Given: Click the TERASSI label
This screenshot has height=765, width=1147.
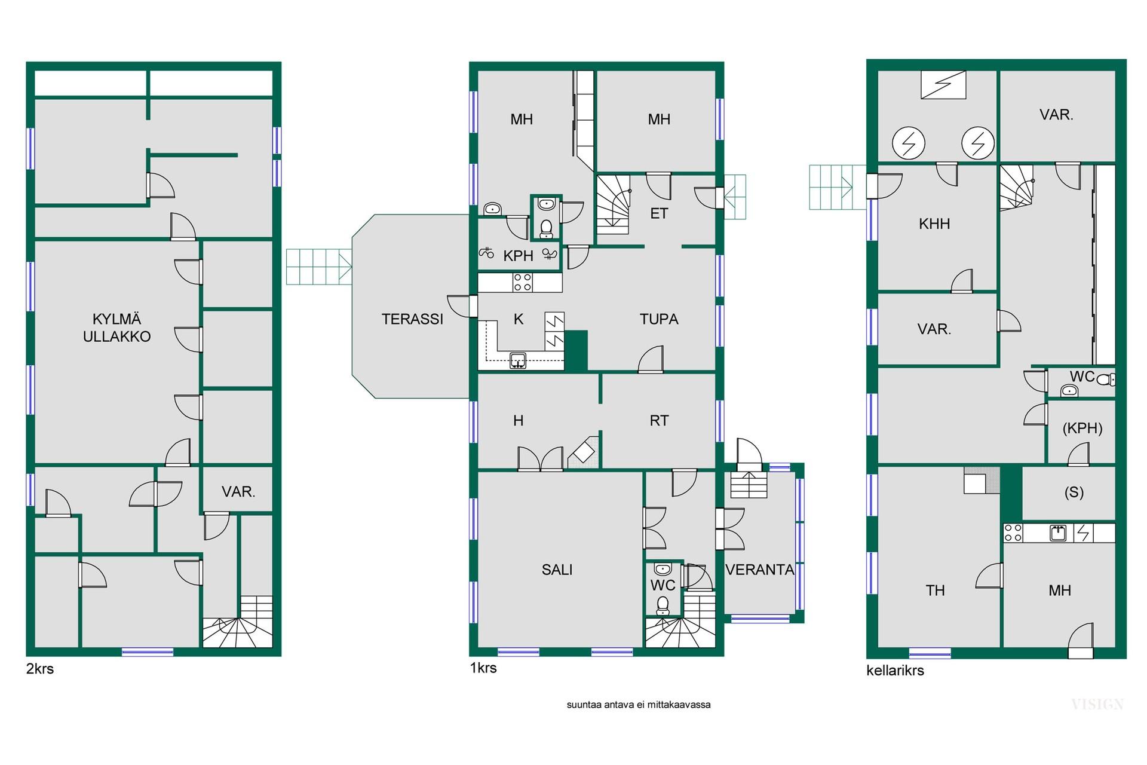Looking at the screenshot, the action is [412, 319].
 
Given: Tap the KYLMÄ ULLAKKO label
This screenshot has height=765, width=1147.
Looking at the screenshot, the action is [116, 328].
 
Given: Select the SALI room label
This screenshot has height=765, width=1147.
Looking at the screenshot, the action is [557, 570].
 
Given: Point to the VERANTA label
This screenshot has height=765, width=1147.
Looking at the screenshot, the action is [759, 570].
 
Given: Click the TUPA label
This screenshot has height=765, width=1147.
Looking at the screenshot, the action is [659, 319].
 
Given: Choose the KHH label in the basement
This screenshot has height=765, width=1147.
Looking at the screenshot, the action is [934, 224].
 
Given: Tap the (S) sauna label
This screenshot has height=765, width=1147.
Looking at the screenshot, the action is [1074, 492].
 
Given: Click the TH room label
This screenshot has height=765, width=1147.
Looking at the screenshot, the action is [935, 590].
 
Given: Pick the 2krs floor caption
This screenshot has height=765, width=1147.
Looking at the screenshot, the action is [40, 669].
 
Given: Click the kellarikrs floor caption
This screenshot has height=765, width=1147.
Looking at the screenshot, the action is [895, 671].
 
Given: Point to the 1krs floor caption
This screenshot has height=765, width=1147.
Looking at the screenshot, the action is [483, 668].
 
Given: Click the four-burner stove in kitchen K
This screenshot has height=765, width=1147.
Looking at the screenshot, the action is [523, 282].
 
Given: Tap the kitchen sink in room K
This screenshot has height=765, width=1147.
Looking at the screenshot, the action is [518, 360].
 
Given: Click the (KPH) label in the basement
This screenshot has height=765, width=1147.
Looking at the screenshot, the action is [1082, 429].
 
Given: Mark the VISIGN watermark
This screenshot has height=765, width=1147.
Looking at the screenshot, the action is [1097, 705].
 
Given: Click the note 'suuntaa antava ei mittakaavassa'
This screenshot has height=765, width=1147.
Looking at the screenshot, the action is [639, 705].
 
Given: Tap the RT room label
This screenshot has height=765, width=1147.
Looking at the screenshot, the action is [659, 421].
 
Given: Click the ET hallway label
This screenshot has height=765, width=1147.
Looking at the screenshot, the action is [659, 213].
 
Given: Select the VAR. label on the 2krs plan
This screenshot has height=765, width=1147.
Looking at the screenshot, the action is [238, 492].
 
